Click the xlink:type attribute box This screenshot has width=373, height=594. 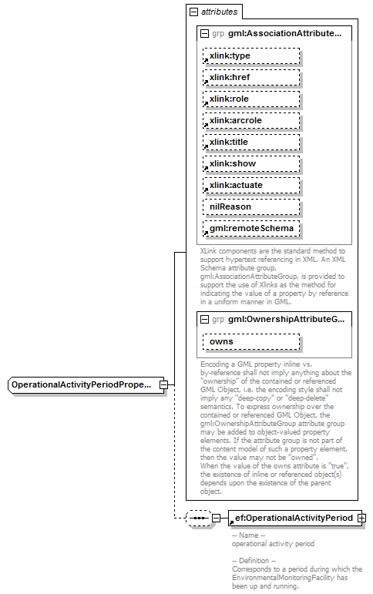250,56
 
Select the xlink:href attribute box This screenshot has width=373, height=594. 250,78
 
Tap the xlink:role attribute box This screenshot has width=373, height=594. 250,99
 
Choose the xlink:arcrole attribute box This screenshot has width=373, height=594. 250,121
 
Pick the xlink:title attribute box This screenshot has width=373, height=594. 250,143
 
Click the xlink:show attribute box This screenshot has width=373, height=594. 250,164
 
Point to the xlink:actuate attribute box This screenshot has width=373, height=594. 250,186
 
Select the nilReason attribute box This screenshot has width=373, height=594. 250,207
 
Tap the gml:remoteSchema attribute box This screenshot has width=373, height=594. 250,229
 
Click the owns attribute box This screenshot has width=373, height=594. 250,341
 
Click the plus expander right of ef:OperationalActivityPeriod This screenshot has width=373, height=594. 361,518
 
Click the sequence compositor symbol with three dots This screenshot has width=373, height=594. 199,518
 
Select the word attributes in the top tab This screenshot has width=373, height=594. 219,12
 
